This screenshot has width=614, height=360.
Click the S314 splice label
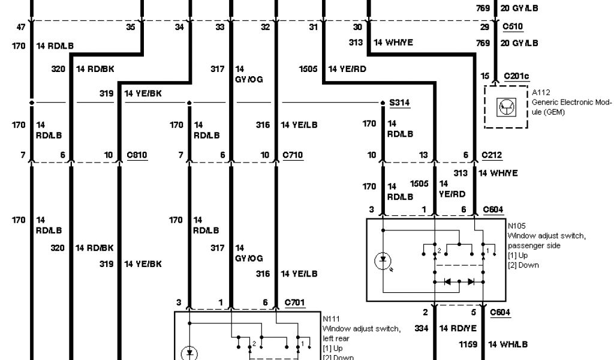(399, 103)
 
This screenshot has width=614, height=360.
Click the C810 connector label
(137, 155)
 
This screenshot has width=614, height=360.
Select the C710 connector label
(293, 155)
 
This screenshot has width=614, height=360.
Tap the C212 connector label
(491, 155)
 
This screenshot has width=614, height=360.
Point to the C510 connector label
(512, 27)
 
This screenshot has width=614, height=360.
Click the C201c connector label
(516, 76)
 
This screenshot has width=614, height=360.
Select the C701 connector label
(295, 302)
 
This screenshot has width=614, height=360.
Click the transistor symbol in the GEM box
(504, 107)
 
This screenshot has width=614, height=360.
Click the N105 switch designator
(517, 227)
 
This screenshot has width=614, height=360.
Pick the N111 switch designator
(331, 319)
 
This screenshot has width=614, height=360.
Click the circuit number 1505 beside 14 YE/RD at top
(308, 69)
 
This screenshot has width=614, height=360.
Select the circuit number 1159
(468, 344)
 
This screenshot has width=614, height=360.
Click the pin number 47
(21, 27)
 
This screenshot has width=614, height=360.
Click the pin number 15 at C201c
(484, 76)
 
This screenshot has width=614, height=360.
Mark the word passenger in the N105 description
(525, 245)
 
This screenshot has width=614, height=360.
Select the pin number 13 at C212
(423, 155)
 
